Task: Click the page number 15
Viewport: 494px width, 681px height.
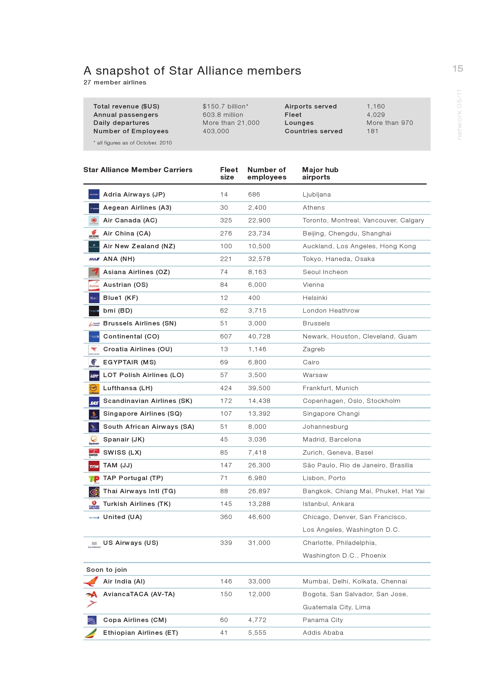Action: [x=458, y=68]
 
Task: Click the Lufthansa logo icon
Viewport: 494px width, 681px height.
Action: [x=94, y=388]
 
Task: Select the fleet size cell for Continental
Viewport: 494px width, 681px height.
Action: [x=226, y=336]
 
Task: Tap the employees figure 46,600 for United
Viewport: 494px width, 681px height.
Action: [x=259, y=517]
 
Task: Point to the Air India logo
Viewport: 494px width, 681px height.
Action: [x=91, y=581]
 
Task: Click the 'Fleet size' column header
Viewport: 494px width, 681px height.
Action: [x=229, y=173]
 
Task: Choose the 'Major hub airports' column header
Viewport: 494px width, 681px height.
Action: [x=320, y=173]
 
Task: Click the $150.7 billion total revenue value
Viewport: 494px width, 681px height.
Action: [x=225, y=106]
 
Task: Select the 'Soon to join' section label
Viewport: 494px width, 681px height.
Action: [x=107, y=570]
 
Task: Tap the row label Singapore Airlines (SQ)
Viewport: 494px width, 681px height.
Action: [x=142, y=413]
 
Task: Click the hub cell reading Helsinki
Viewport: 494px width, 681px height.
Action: [x=315, y=298]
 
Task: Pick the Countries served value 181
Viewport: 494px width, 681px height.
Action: [x=372, y=131]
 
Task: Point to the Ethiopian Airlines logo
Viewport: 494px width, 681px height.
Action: [x=91, y=633]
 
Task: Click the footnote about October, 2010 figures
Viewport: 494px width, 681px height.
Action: [x=133, y=143]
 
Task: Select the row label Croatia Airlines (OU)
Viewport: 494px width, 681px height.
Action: [x=138, y=349]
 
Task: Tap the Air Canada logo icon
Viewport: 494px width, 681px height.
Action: [x=94, y=221]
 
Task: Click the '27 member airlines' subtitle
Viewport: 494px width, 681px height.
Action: [x=115, y=82]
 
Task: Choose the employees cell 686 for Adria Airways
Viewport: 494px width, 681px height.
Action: [x=254, y=194]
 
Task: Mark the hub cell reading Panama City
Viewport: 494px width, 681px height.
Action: [x=322, y=620]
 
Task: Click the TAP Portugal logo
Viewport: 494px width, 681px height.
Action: [x=94, y=479]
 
